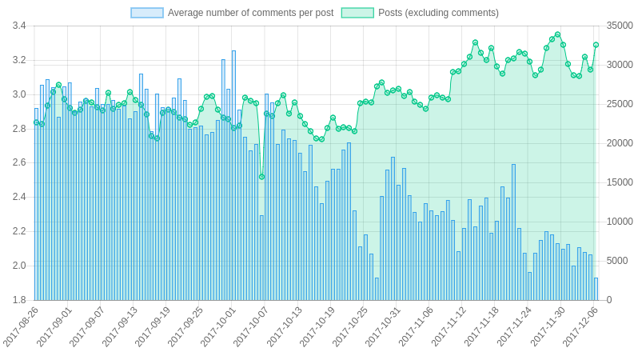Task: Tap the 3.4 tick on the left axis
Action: click(19, 26)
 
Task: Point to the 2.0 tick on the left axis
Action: click(19, 266)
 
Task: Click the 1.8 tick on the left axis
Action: click(19, 300)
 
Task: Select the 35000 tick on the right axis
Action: click(620, 26)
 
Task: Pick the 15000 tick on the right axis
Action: click(620, 182)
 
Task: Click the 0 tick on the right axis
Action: click(609, 300)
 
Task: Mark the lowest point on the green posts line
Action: click(261, 177)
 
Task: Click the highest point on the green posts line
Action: click(557, 35)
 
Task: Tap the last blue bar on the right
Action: click(596, 289)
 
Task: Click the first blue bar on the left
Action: click(36, 204)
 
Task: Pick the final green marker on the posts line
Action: click(596, 45)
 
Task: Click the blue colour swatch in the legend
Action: click(147, 13)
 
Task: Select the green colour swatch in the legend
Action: click(357, 13)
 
